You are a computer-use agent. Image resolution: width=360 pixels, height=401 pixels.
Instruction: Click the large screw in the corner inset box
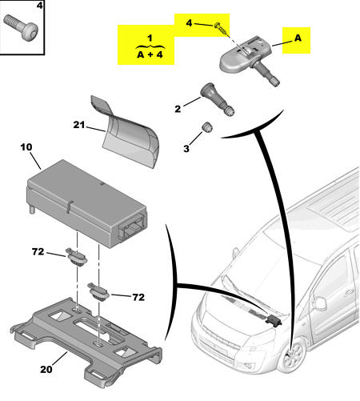click(21, 26)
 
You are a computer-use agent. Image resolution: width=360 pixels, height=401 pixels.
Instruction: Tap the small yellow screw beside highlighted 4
click(221, 29)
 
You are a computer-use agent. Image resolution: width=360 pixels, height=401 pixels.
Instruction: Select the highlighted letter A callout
click(298, 38)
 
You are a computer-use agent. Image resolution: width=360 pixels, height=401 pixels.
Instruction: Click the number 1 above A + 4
click(150, 38)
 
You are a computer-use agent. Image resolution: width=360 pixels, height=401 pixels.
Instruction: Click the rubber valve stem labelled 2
click(217, 99)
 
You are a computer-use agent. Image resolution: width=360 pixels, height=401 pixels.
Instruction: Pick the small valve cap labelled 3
click(206, 126)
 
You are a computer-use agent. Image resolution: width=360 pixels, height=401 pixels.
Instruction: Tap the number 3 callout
click(186, 149)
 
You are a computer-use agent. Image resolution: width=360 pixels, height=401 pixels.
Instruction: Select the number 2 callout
click(178, 109)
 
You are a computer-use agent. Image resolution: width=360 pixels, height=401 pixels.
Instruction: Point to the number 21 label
click(78, 125)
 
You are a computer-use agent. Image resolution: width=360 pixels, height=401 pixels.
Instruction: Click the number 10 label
click(26, 146)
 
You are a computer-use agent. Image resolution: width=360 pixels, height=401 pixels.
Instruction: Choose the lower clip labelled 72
click(98, 292)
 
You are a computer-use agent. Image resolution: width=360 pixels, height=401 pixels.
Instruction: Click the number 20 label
click(46, 369)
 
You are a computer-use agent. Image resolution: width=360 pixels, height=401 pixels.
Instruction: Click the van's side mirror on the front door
click(320, 303)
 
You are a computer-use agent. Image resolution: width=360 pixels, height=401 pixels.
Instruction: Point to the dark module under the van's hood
click(274, 320)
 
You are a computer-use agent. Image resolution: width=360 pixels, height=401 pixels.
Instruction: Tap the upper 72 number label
click(38, 251)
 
